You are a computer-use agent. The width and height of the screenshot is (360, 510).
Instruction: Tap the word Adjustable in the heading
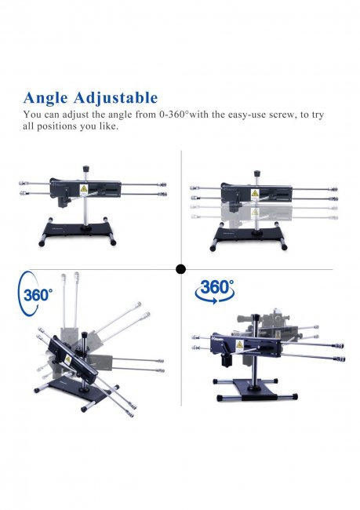click(118, 98)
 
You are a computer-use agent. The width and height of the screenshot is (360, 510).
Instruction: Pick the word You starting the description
click(33, 115)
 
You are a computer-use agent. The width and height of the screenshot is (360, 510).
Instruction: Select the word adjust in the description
click(82, 115)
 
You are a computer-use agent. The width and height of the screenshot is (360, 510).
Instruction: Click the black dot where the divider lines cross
click(180, 269)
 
